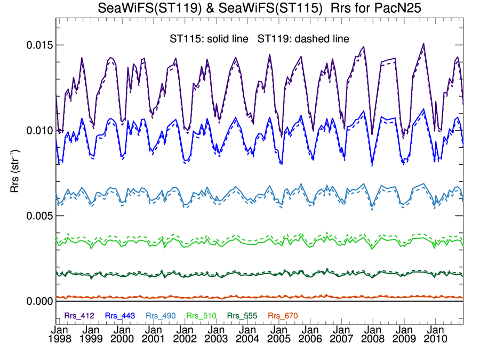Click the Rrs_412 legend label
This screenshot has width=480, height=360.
(79, 316)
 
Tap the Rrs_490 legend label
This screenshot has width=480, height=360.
(160, 316)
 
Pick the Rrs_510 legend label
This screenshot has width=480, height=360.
(201, 316)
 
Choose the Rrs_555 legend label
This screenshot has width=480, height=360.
(241, 316)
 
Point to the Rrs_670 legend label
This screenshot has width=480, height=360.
(282, 316)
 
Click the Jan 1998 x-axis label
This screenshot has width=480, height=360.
(59, 335)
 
